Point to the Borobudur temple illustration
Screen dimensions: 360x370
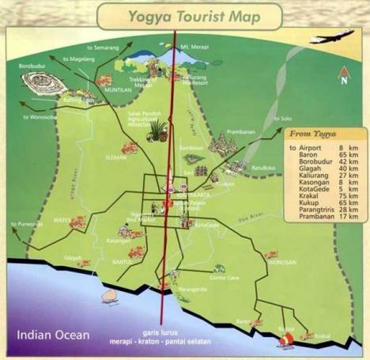(40, 81)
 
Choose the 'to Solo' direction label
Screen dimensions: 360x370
(282, 119)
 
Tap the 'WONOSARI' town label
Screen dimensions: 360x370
(282, 261)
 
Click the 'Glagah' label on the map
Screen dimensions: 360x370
(73, 257)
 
